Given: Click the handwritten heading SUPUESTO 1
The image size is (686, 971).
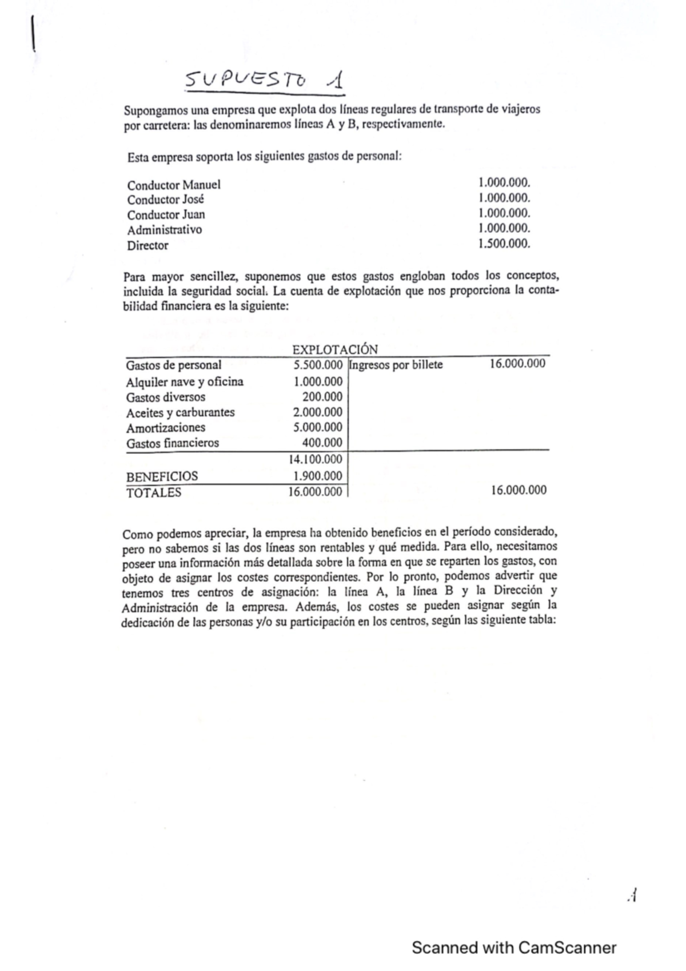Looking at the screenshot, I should (x=265, y=82).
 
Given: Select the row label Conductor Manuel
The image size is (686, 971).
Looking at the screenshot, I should (x=173, y=185).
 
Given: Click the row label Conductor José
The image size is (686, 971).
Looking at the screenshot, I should (x=165, y=200).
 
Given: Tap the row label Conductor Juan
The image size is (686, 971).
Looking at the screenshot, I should (x=166, y=215).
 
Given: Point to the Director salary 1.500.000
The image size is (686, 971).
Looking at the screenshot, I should (x=504, y=244).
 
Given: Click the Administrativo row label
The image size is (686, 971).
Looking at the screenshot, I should (x=164, y=230).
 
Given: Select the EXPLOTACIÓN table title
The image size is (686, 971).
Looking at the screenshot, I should (x=334, y=349).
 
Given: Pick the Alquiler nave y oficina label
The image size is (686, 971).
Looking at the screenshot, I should (x=184, y=381).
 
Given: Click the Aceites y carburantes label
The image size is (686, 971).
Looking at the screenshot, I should (x=180, y=412).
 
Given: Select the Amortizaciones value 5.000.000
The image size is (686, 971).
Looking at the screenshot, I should (x=317, y=427).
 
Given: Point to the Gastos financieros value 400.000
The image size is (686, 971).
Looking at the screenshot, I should (x=322, y=443).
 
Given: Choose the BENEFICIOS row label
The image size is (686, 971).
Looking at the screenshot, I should (x=162, y=476).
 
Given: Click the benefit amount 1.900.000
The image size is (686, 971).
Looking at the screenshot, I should (x=317, y=476).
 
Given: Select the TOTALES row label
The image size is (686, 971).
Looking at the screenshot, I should (x=153, y=492).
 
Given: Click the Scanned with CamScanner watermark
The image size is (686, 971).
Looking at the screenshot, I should (x=513, y=948).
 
